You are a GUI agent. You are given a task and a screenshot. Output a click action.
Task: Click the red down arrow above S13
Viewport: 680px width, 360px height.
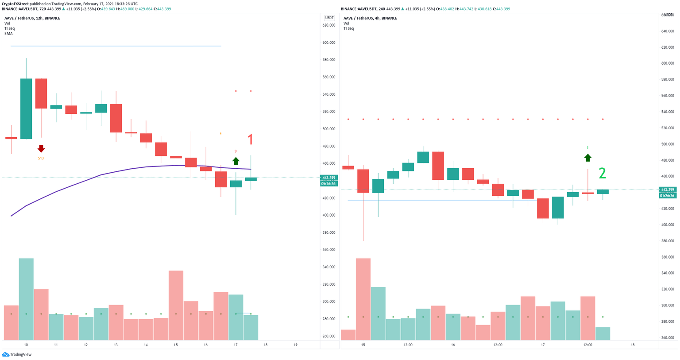pos(41,148)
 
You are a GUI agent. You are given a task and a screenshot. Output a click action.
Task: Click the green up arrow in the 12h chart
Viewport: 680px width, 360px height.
pos(236,161)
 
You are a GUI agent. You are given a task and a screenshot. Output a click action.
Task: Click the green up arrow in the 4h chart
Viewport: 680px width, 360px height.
pos(587,158)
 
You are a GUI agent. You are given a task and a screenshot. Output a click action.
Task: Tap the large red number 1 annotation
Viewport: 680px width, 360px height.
pos(250,140)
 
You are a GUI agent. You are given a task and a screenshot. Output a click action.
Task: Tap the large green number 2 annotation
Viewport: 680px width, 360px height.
pos(602,173)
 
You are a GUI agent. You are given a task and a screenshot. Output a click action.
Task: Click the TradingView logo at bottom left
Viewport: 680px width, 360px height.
pos(17,354)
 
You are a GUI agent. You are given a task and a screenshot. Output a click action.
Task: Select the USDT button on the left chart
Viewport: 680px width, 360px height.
pos(329,18)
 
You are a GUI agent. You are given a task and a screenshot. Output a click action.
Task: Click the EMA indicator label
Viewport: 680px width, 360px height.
pos(8,34)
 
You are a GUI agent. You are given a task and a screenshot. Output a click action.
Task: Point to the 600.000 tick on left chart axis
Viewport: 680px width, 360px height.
pos(328,43)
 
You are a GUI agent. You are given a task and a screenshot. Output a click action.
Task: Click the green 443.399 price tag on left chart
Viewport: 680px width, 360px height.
pos(328,178)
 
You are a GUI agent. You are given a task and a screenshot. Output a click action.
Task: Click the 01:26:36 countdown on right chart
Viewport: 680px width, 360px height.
pos(667,195)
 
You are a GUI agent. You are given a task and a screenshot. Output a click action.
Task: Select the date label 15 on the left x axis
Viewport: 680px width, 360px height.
pos(176,345)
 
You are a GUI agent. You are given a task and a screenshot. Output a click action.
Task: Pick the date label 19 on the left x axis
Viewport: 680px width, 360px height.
pos(295,345)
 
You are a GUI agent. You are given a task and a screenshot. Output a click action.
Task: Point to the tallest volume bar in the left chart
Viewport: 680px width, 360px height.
pos(26,299)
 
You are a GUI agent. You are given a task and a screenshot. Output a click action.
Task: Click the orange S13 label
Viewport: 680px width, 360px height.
pos(41,158)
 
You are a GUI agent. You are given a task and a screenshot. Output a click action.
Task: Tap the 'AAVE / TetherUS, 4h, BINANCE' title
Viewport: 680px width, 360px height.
pos(370,18)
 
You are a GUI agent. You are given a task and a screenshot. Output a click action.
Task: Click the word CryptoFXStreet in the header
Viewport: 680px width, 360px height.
pos(15,4)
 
